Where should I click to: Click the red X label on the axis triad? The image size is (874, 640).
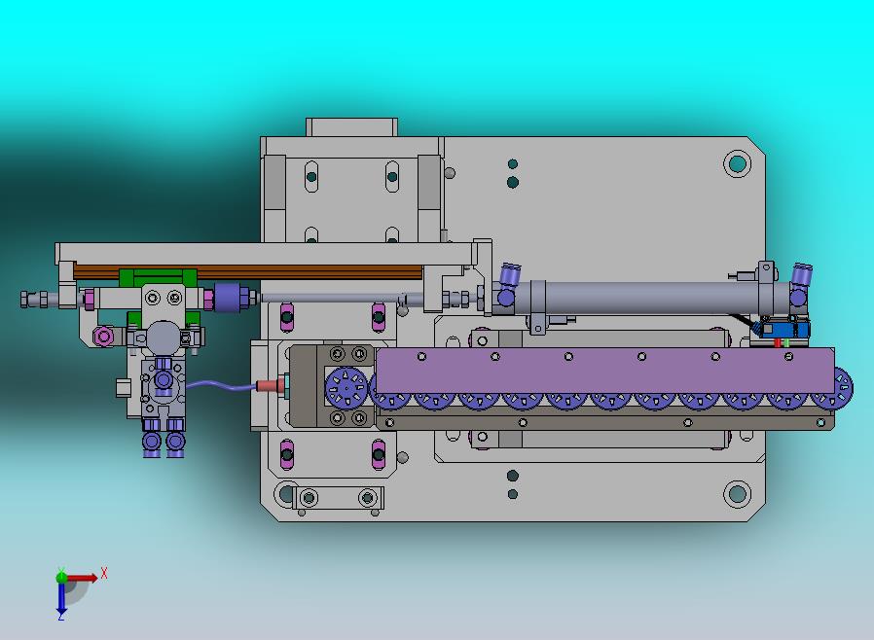click(104, 573)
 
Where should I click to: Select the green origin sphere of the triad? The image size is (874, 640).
click(61, 578)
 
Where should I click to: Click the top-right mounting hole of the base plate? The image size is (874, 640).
click(737, 163)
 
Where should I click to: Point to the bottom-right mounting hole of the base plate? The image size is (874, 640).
click(737, 493)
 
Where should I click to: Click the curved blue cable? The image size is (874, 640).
click(221, 384)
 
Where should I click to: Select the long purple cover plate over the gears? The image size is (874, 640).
click(605, 371)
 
